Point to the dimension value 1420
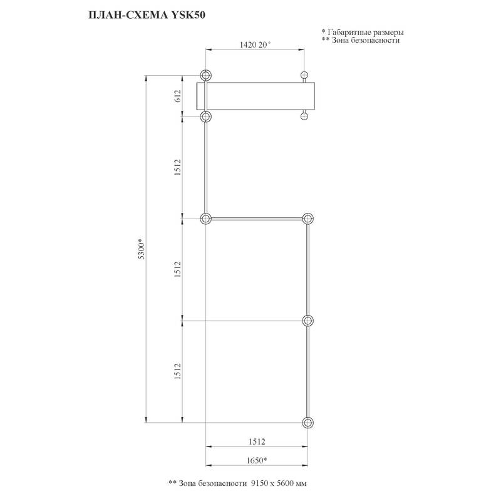[x=248, y=44]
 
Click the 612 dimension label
[x=178, y=96]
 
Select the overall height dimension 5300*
[x=142, y=249]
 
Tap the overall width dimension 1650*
[x=257, y=460]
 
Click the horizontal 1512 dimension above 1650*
[x=257, y=442]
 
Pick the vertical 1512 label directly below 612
[x=178, y=167]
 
